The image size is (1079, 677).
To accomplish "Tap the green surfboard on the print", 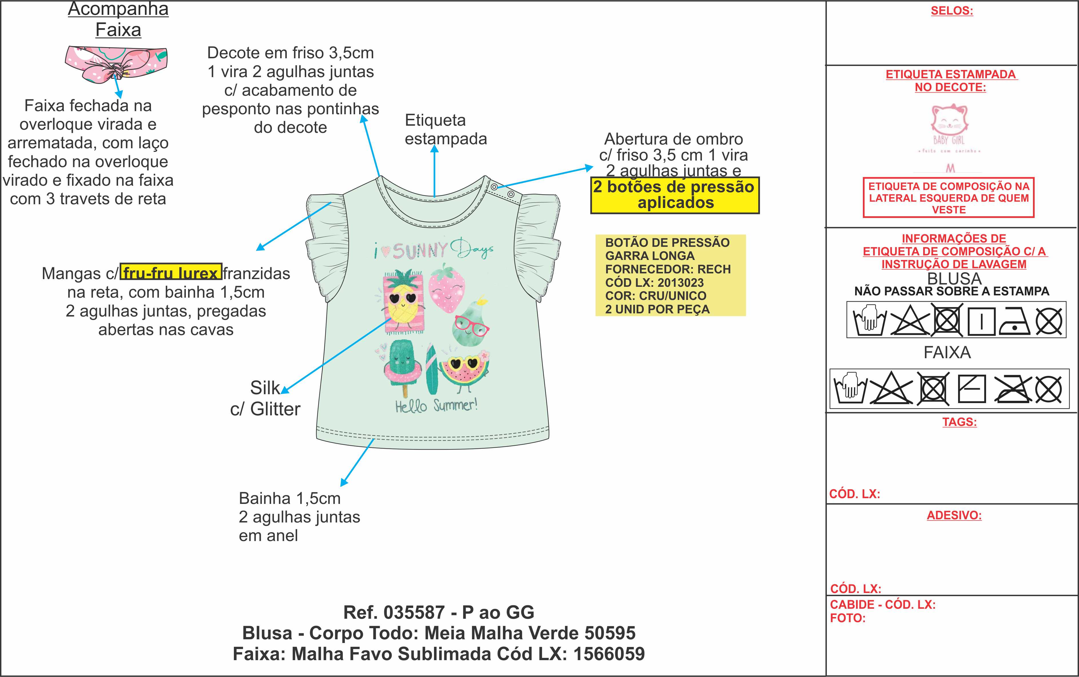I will (431, 369).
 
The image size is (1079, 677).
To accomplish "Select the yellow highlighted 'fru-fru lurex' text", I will (171, 273).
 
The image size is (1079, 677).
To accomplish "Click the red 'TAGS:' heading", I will (959, 422).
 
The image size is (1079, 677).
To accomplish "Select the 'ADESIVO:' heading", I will (954, 515).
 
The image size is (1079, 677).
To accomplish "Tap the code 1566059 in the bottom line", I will (609, 654).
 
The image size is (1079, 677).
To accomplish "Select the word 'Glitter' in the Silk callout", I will (275, 409).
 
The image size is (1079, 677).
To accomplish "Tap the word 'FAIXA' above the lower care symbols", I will (947, 352).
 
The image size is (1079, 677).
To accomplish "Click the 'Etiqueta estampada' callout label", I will (445, 129).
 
